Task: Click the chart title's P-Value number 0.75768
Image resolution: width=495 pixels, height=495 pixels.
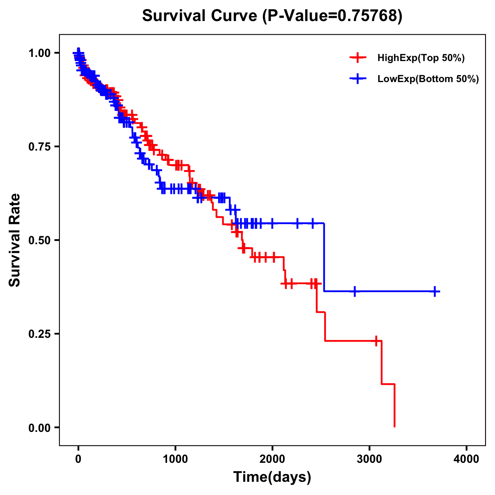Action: coord(368,16)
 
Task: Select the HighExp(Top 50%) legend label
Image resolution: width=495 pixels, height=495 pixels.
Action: coord(421,58)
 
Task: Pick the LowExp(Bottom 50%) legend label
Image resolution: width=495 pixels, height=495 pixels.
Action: coord(428,79)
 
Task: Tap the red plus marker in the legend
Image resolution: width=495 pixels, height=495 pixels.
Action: coord(358,58)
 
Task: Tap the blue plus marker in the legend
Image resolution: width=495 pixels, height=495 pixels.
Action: coord(358,79)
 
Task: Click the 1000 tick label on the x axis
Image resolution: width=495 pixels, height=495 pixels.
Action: coord(175,459)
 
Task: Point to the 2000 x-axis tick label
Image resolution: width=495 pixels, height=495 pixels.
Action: coord(272,459)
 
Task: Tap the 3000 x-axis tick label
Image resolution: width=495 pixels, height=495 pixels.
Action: coord(370,459)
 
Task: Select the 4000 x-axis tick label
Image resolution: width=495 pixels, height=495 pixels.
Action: coord(467,459)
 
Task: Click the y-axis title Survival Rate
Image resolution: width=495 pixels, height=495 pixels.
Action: coord(15,240)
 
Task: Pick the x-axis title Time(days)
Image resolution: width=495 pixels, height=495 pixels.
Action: coord(272,477)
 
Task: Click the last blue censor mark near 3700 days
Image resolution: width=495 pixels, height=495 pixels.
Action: coord(435,292)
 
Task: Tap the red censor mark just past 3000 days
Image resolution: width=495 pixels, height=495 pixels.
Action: coord(376,341)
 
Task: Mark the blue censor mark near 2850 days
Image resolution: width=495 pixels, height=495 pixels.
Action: coord(354,292)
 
